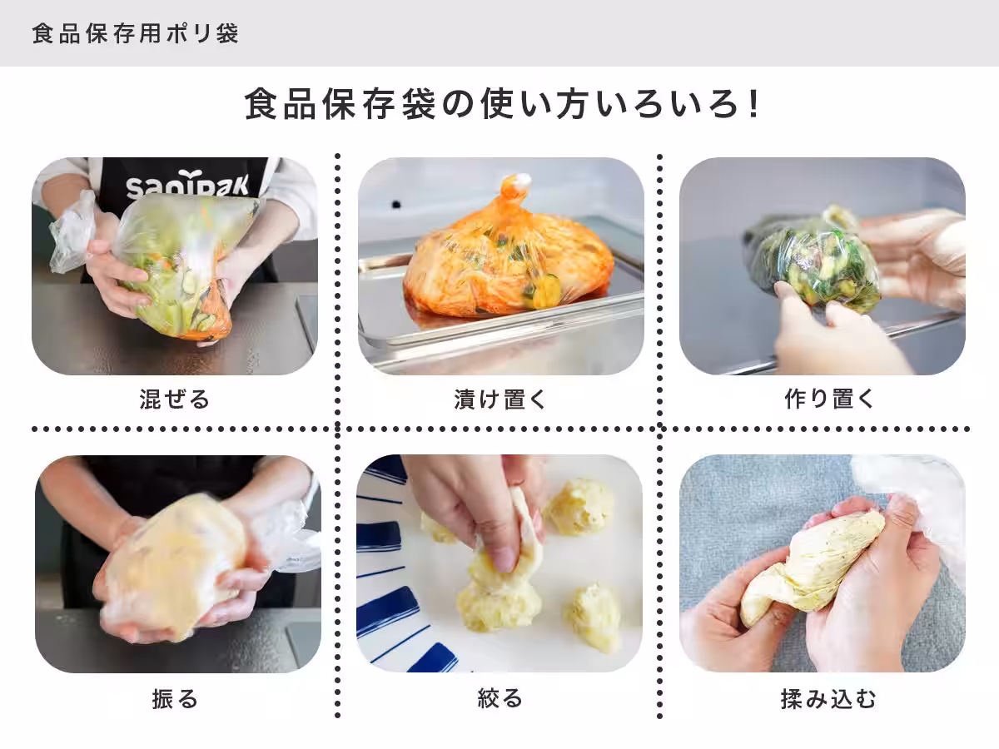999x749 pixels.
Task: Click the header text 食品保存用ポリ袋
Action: point(135,34)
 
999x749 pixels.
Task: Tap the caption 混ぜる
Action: point(175,399)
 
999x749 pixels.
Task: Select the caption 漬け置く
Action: point(500,399)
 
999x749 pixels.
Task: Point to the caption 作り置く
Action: point(829,399)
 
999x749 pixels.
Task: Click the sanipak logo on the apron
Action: point(186,185)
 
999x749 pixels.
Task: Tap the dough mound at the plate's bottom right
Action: point(593,616)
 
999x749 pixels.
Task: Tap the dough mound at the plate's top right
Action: point(580,505)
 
